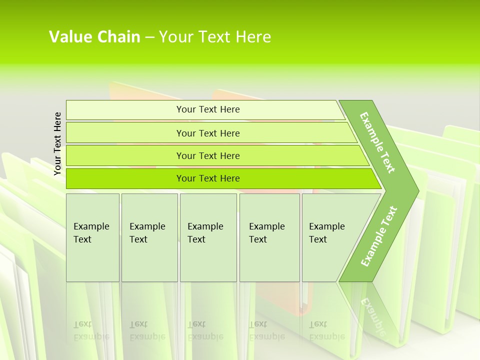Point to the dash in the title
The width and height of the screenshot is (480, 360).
[x=149, y=37]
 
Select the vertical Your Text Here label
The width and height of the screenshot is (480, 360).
[x=57, y=144]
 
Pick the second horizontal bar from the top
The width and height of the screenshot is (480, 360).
[x=207, y=133]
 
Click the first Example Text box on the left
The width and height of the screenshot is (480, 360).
[x=92, y=237]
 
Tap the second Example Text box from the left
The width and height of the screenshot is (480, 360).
[x=149, y=237]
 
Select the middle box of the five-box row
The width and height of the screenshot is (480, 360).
[x=208, y=237]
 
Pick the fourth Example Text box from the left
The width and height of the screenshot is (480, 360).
[x=269, y=237]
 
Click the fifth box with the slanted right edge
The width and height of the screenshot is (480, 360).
[x=330, y=237]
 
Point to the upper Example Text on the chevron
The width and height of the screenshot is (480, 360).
[x=377, y=142]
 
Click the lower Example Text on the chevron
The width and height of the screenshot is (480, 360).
[x=379, y=236]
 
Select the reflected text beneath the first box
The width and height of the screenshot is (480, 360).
[x=91, y=330]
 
